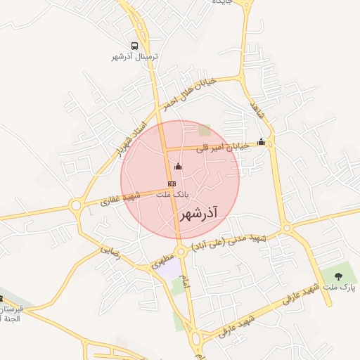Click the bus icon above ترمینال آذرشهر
[134, 46]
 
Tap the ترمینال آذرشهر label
[135, 56]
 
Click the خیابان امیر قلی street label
[222, 147]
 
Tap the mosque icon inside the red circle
[178, 166]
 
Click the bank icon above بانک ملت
[172, 184]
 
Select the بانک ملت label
[172, 193]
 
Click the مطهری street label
[162, 264]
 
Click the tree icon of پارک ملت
[338, 276]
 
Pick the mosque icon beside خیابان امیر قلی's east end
[262, 141]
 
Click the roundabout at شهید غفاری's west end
[75, 205]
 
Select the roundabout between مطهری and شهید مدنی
[181, 251]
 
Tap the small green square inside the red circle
[205, 130]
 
